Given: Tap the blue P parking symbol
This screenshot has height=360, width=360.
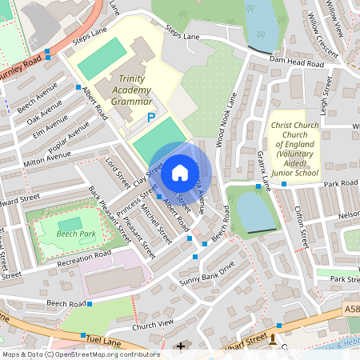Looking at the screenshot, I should pos(150,118).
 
